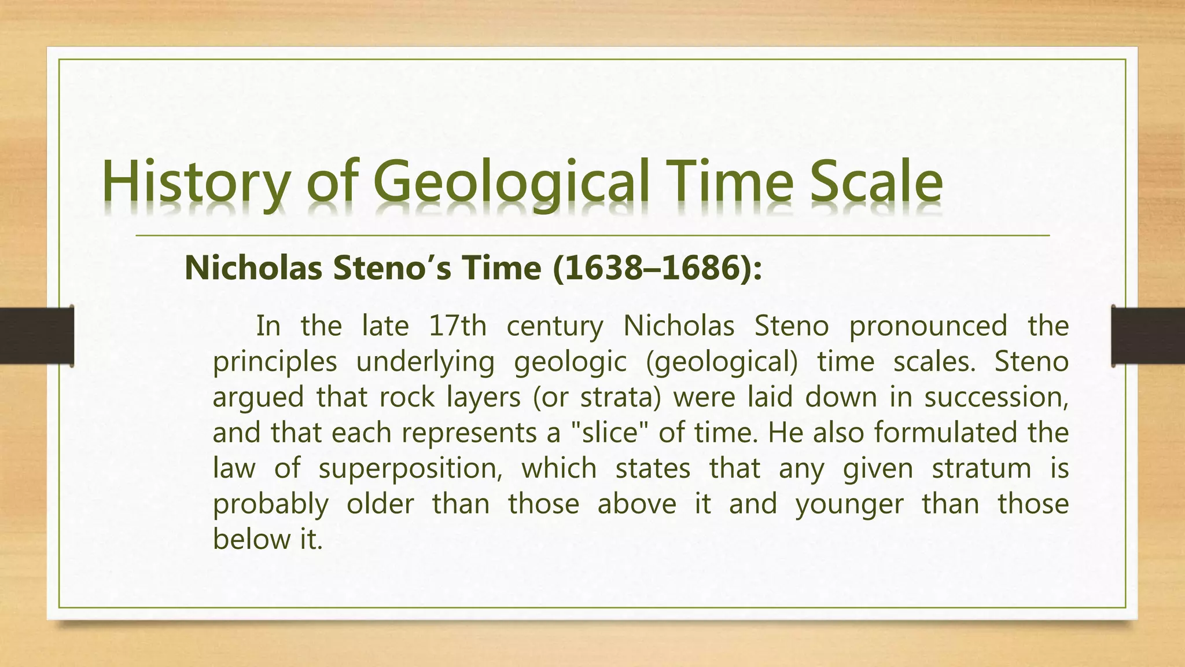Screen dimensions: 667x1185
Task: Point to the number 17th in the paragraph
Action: pos(457,325)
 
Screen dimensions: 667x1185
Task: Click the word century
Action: pos(554,327)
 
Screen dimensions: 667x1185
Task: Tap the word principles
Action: pos(275,362)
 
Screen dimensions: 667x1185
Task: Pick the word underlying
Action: pos(425,362)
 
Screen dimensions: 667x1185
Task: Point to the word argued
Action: pos(258,398)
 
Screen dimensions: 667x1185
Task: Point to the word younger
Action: pos(849,504)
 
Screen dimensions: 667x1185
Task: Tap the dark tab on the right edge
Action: pos(1148,336)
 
